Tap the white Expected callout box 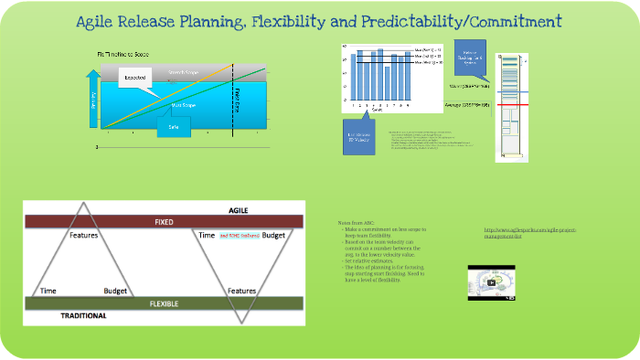pos(136,79)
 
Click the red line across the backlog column pos(511,105)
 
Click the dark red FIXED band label pos(164,221)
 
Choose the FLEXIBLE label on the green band pos(164,302)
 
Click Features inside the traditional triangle pos(83,236)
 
